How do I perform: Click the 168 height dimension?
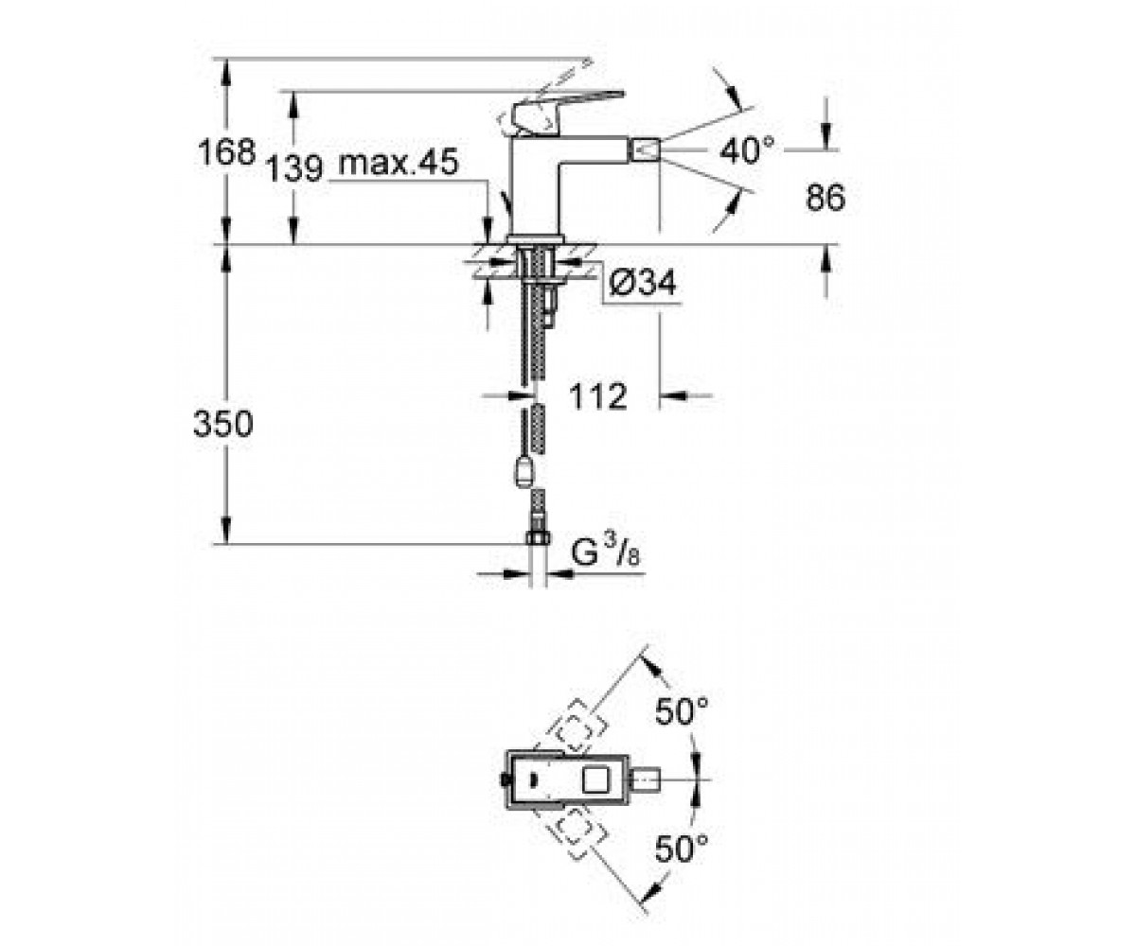[226, 151]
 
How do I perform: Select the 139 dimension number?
[294, 168]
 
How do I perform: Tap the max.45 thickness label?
[399, 162]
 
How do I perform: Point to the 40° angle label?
[747, 150]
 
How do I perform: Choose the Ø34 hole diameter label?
[643, 283]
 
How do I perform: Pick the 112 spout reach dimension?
[598, 396]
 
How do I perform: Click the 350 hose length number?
[223, 424]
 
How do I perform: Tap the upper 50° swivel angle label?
[682, 711]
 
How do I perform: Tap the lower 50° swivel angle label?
[682, 849]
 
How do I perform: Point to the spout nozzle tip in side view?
[645, 149]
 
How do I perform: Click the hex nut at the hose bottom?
[538, 537]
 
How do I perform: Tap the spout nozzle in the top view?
[645, 780]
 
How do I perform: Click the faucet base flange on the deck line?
[536, 238]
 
